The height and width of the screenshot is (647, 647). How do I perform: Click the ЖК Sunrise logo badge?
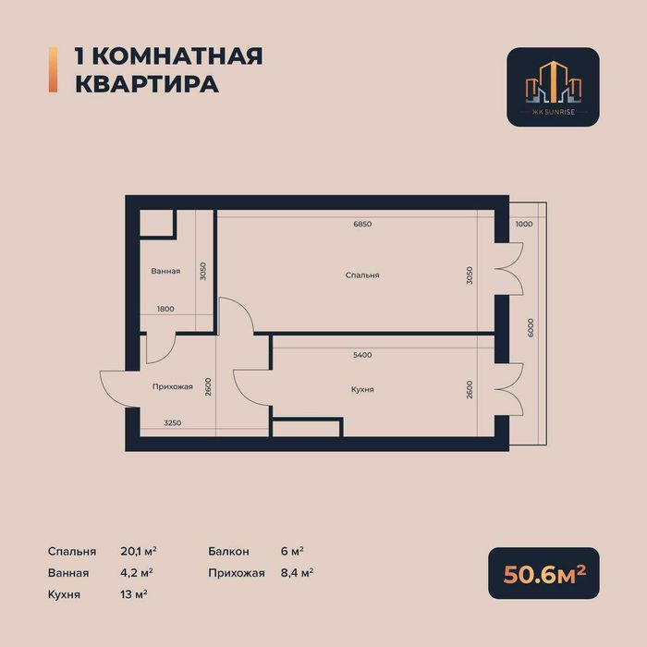pos(553,87)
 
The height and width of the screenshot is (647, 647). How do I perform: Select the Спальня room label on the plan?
pos(362,275)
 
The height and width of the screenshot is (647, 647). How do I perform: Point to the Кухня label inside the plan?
pos(362,390)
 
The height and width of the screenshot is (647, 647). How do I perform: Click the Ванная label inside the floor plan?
pos(166,272)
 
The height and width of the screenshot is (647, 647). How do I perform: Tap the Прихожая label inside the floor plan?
pos(173,386)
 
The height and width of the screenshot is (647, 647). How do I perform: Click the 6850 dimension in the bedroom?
pos(362,225)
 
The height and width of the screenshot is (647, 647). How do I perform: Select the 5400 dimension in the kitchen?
pos(362,355)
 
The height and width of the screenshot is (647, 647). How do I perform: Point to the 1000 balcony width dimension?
pos(524,225)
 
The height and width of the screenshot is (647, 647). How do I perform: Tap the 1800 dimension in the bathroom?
pos(165,309)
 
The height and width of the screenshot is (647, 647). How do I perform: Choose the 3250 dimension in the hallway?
pos(172,423)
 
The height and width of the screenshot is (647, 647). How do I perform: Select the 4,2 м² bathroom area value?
pos(137,572)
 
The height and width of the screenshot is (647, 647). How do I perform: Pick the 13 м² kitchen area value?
pos(134,594)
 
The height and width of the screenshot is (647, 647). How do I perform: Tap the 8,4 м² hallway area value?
pos(297,572)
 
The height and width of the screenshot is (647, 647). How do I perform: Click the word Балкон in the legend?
pos(229,551)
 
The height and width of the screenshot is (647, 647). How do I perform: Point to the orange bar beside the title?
pos(52,69)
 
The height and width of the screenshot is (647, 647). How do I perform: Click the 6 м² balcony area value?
pos(291,551)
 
